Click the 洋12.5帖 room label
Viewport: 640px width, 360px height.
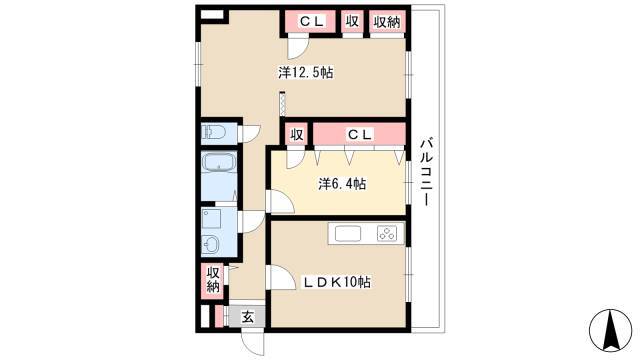pyautogui.click(x=306, y=73)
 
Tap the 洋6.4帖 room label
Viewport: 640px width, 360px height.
pyautogui.click(x=342, y=184)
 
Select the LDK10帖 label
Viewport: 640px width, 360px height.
pyautogui.click(x=336, y=282)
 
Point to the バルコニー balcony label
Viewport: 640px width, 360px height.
pyautogui.click(x=427, y=172)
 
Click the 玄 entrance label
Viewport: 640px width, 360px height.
pyautogui.click(x=248, y=317)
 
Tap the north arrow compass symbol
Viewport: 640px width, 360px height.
pyautogui.click(x=611, y=330)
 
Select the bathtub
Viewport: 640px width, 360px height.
pyautogui.click(x=219, y=176)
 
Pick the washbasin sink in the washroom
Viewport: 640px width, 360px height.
pyautogui.click(x=211, y=245)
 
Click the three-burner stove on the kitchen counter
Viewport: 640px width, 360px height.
pyautogui.click(x=387, y=234)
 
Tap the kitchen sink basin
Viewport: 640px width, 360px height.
pyautogui.click(x=348, y=234)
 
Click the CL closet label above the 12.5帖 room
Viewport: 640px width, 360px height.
pyautogui.click(x=312, y=21)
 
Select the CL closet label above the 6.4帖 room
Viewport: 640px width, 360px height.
pyautogui.click(x=360, y=134)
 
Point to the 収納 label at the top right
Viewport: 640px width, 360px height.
pyautogui.click(x=387, y=22)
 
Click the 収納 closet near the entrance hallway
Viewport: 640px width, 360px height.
pyautogui.click(x=213, y=280)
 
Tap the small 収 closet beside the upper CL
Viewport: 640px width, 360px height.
pyautogui.click(x=352, y=21)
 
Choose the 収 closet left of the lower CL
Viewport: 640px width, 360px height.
pyautogui.click(x=297, y=135)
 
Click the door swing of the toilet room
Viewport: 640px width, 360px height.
pyautogui.click(x=249, y=134)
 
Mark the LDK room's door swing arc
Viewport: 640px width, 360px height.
pyautogui.click(x=281, y=278)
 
